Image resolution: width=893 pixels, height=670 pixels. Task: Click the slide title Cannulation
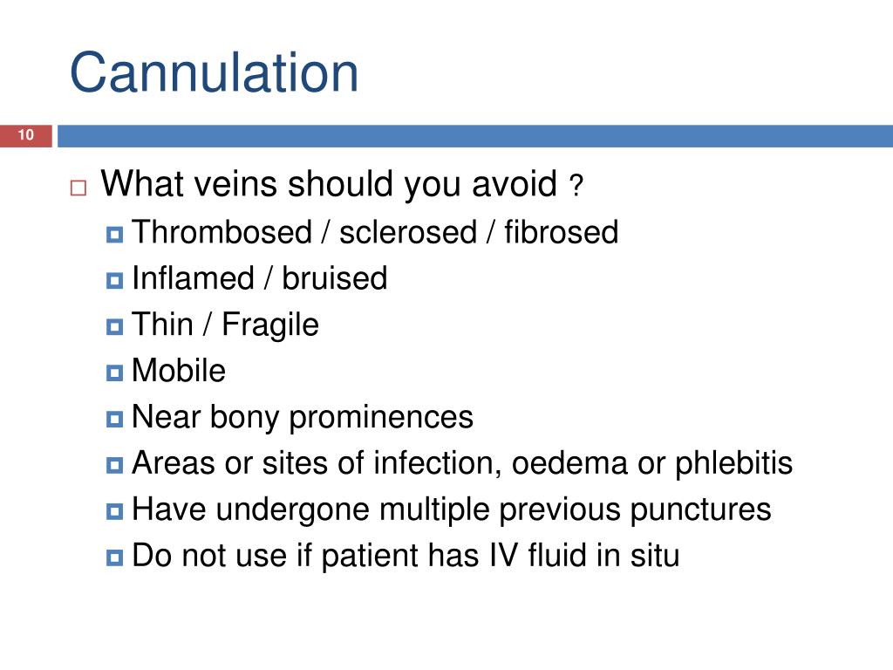click(x=214, y=73)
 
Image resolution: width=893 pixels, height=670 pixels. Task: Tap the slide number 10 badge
click(x=25, y=135)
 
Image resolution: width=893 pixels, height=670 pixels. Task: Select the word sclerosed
click(x=408, y=233)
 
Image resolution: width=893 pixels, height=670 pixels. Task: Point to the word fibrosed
click(x=561, y=233)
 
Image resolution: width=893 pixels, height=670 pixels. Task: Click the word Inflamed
click(x=193, y=279)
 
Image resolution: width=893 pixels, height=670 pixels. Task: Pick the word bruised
click(x=334, y=279)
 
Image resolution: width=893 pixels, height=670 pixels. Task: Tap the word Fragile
click(x=270, y=325)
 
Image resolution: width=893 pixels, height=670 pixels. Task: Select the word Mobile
click(x=179, y=372)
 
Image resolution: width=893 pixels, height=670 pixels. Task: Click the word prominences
click(x=381, y=418)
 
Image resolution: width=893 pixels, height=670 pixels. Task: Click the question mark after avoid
click(x=576, y=187)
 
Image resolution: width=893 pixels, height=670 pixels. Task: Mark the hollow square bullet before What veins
click(x=78, y=188)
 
